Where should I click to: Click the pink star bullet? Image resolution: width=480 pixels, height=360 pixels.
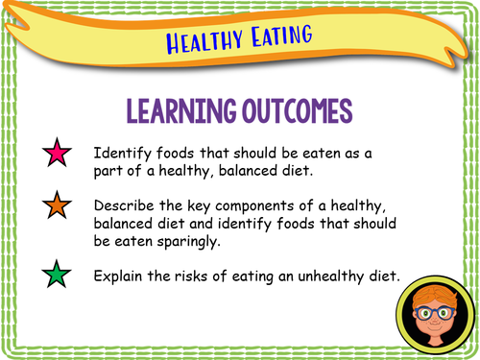pos(58,153)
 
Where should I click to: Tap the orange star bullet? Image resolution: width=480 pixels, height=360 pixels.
pos(58,205)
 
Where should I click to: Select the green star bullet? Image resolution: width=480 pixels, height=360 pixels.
pos(58,276)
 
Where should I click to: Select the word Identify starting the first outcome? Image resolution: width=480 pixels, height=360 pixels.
pos(122,154)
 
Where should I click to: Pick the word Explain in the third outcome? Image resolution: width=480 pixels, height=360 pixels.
pos(121,276)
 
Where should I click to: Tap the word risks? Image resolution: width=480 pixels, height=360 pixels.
pos(199,276)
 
